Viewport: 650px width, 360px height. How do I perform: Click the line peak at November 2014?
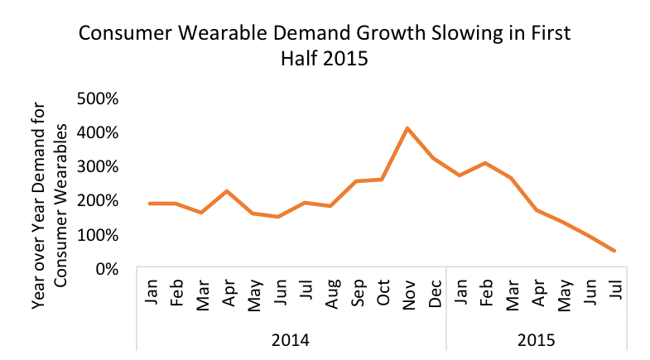coord(407,128)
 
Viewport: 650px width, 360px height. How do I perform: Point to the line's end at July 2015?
coord(614,250)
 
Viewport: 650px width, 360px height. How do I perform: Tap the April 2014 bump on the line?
coord(227,191)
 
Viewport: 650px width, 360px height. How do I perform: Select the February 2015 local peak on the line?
coord(485,163)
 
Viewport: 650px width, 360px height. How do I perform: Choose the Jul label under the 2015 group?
coord(614,295)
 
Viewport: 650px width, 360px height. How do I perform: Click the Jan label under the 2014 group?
coord(151,295)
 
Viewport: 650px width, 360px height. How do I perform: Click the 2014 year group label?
coord(291,339)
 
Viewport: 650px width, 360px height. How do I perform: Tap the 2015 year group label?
coord(537,339)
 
